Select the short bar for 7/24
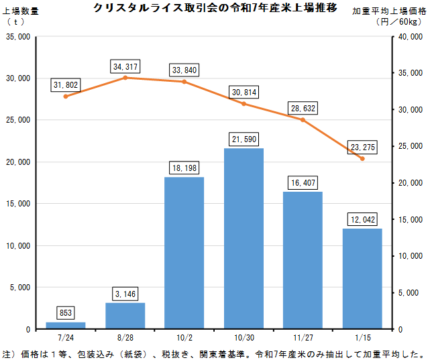tap(66, 325)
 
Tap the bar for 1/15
tap(362, 278)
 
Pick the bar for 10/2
tap(184, 253)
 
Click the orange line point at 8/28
tap(125, 78)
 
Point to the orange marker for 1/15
tap(362, 158)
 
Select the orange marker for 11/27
tap(303, 119)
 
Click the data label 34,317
tap(125, 66)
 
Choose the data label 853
tap(66, 313)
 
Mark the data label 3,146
tap(125, 293)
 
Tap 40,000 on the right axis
tap(411, 36)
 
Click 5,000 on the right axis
tap(412, 292)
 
